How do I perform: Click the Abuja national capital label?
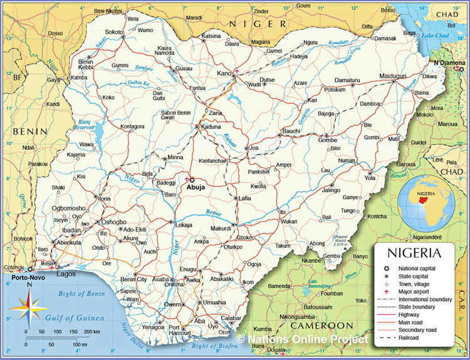point(197,186)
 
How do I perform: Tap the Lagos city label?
point(66,274)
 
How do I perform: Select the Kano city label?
point(224,74)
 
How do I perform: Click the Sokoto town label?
point(114,31)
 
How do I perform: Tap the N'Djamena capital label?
point(450,63)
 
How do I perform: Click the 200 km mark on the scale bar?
point(92,331)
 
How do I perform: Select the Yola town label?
point(370,177)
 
